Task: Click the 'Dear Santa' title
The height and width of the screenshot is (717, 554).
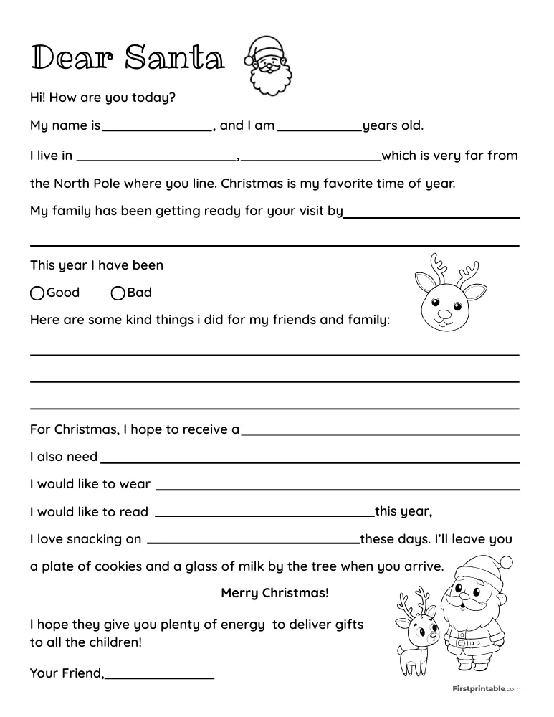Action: point(127,57)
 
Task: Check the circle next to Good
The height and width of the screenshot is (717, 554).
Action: point(37,293)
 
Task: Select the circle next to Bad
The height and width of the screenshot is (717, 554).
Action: point(118,293)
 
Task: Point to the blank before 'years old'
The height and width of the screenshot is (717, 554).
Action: point(319,129)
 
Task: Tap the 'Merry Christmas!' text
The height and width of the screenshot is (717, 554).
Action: point(275,593)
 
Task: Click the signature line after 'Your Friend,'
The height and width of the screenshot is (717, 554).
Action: point(160,675)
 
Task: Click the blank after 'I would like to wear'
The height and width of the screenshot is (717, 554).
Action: point(337,488)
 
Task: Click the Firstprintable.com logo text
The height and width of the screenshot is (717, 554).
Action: point(485,689)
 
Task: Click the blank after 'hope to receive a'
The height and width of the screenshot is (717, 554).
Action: point(380,433)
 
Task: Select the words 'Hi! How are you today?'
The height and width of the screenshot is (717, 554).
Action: point(102,97)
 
